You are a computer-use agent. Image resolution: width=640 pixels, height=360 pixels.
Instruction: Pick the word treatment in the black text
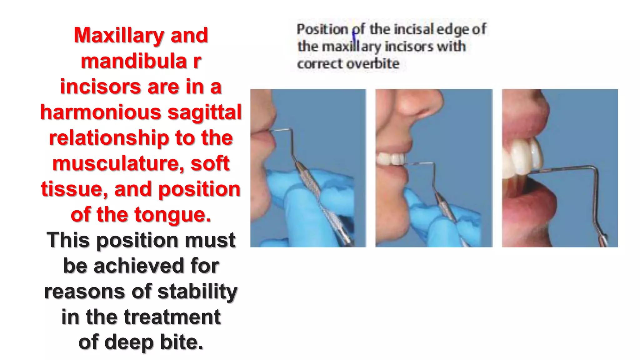pyautogui.click(x=172, y=317)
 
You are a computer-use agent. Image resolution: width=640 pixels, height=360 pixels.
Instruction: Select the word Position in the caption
pyautogui.click(x=322, y=29)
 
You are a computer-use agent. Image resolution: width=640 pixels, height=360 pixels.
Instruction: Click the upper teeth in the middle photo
pyautogui.click(x=392, y=159)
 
